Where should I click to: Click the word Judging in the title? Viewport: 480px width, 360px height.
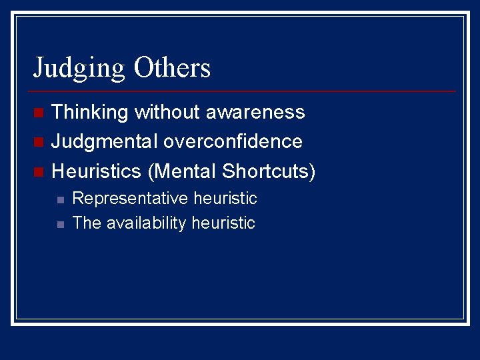pyautogui.click(x=79, y=68)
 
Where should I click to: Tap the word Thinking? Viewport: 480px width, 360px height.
pyautogui.click(x=90, y=112)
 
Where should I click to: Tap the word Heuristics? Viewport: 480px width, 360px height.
pyautogui.click(x=97, y=171)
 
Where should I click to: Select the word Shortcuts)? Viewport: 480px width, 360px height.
pyautogui.click(x=269, y=171)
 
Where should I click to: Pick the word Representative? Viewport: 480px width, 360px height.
pyautogui.click(x=131, y=199)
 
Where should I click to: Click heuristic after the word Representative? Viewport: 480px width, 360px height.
pyautogui.click(x=225, y=199)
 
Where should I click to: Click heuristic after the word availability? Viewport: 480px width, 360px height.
pyautogui.click(x=223, y=223)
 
